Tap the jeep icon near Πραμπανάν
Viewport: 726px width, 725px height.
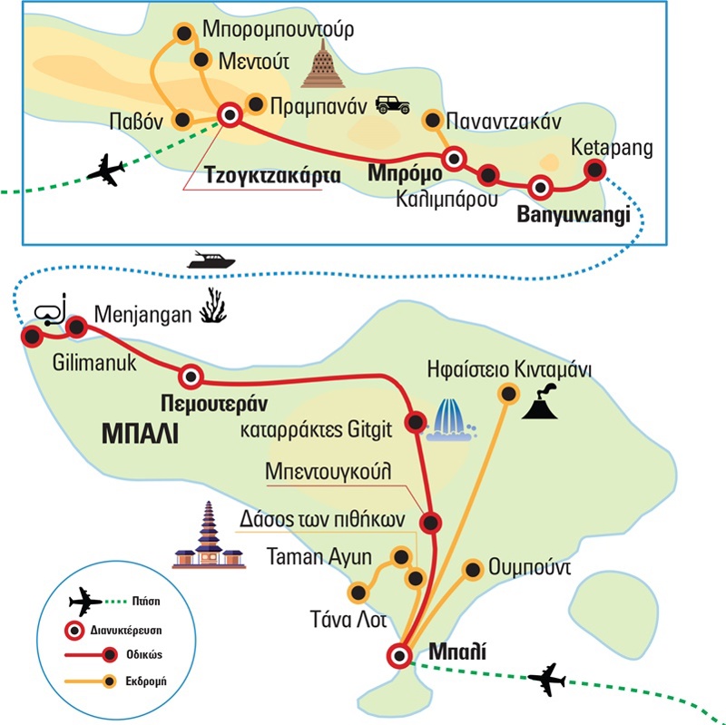tap(394, 104)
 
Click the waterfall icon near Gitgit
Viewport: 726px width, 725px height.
tap(453, 419)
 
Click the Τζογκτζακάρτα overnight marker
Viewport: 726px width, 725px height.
tap(229, 114)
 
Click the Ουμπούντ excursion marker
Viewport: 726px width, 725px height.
tap(472, 570)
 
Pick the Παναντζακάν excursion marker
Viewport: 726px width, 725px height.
tap(433, 119)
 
